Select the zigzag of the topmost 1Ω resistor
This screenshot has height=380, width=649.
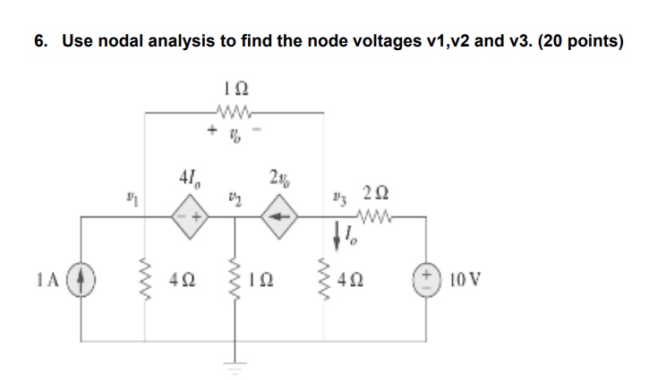tap(234, 112)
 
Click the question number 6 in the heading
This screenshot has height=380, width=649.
tap(39, 41)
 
